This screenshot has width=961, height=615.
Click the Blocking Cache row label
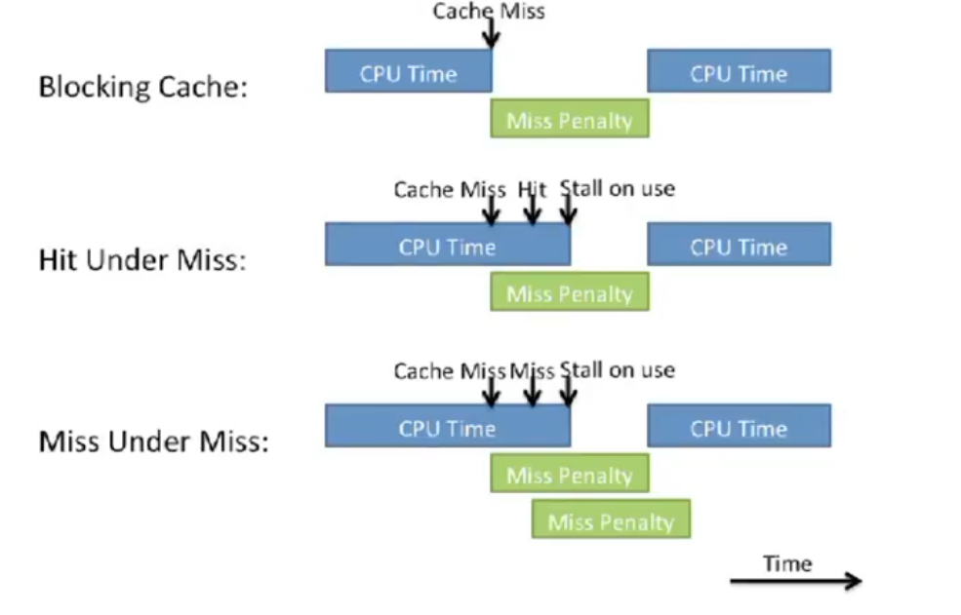pyautogui.click(x=142, y=87)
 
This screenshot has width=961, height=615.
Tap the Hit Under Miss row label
pyautogui.click(x=141, y=260)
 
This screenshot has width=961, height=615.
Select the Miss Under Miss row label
pyautogui.click(x=153, y=442)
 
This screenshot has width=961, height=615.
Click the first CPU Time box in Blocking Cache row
pyautogui.click(x=408, y=72)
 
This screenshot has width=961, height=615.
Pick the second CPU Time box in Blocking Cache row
pyautogui.click(x=739, y=72)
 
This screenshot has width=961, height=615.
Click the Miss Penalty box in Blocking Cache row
pyautogui.click(x=569, y=121)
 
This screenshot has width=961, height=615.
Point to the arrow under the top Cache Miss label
pyautogui.click(x=491, y=33)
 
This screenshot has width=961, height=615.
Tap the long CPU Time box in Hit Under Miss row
pyautogui.click(x=447, y=246)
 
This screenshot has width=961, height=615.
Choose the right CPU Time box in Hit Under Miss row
pyautogui.click(x=739, y=246)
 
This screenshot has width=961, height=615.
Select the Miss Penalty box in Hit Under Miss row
pyautogui.click(x=569, y=293)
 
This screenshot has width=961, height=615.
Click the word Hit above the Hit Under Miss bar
pyautogui.click(x=532, y=188)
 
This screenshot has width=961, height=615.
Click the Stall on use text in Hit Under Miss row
pyautogui.click(x=618, y=188)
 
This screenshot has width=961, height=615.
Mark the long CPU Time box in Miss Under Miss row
pyautogui.click(x=447, y=427)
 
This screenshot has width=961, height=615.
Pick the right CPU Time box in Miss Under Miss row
pyautogui.click(x=739, y=427)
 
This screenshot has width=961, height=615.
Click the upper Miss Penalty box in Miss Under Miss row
pyautogui.click(x=569, y=475)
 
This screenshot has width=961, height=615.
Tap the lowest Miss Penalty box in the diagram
pyautogui.click(x=611, y=520)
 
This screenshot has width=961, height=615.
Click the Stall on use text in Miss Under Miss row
pyautogui.click(x=618, y=370)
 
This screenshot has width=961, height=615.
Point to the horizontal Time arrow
pyautogui.click(x=795, y=582)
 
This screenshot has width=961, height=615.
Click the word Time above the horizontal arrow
pyautogui.click(x=787, y=562)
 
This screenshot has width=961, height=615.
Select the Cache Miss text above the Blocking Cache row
pyautogui.click(x=489, y=11)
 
